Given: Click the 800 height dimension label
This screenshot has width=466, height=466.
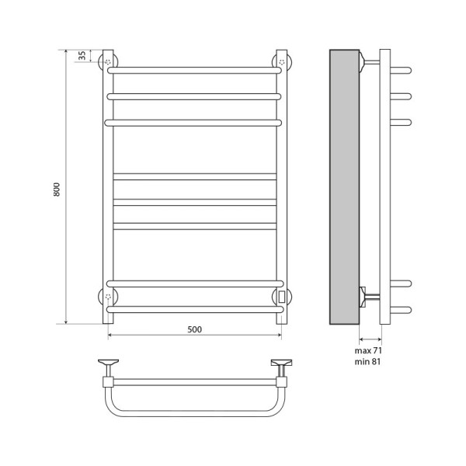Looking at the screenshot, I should tap(57, 188).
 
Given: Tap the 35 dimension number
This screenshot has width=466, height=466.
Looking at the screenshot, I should tap(82, 57).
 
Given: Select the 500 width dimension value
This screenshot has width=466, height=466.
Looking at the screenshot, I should tap(194, 329).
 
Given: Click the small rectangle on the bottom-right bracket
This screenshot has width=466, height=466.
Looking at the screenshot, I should tap(281, 295).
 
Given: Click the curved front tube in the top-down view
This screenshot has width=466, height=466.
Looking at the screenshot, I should tap(194, 413).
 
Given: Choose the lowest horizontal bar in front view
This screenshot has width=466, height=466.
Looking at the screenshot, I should tap(194, 308).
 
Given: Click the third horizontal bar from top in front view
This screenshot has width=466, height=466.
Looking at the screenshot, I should tap(194, 122).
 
